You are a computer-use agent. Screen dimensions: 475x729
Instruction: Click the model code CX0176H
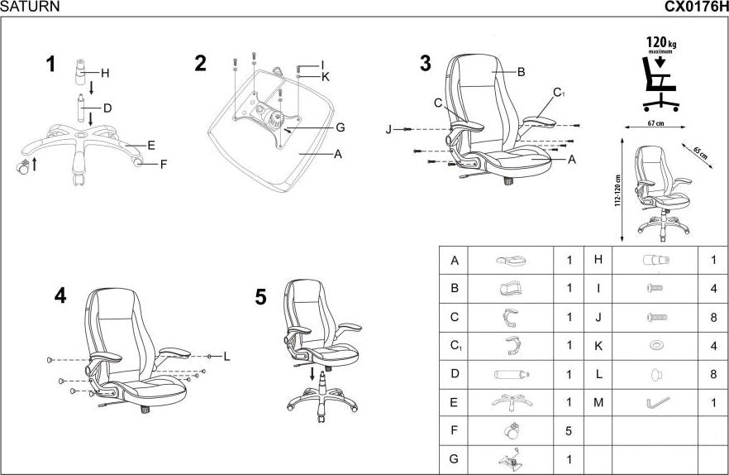pyautogui.click(x=696, y=7)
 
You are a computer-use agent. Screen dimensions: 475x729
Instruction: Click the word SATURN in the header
pyautogui.click(x=30, y=7)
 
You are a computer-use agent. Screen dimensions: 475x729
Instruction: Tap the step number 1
pyautogui.click(x=51, y=64)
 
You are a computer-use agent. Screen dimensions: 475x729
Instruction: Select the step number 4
pyautogui.click(x=60, y=296)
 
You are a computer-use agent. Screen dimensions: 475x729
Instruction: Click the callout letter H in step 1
pyautogui.click(x=106, y=73)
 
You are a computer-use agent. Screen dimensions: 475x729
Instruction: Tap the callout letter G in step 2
pyautogui.click(x=340, y=127)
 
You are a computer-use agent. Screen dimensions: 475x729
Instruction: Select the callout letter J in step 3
pyautogui.click(x=388, y=130)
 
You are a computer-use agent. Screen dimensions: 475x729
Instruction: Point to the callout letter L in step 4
pyautogui.click(x=226, y=357)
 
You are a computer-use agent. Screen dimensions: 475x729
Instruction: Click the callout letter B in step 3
pyautogui.click(x=522, y=72)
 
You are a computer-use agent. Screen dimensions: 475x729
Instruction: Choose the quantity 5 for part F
pyautogui.click(x=569, y=431)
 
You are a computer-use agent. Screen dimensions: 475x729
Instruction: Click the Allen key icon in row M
pyautogui.click(x=657, y=402)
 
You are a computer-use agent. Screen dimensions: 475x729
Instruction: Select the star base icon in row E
pyautogui.click(x=510, y=402)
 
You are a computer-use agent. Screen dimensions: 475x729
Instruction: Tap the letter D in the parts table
pyautogui.click(x=454, y=374)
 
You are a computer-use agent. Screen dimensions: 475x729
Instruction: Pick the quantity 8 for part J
pyautogui.click(x=712, y=318)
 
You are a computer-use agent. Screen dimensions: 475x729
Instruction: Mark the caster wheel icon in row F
pyautogui.click(x=510, y=430)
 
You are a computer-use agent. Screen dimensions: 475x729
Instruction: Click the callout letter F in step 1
pyautogui.click(x=164, y=164)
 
